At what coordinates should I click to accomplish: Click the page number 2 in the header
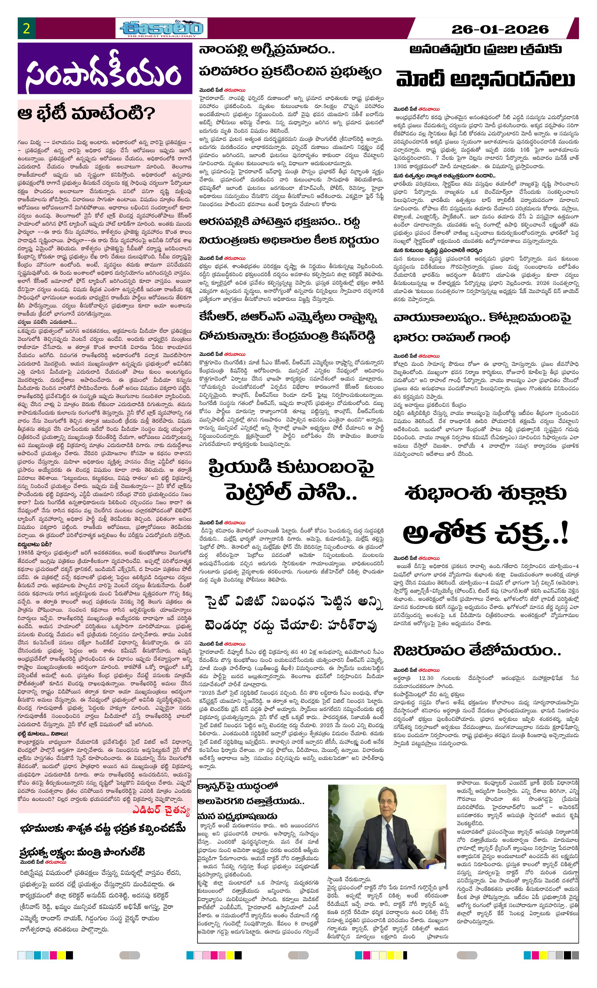(x=27, y=29)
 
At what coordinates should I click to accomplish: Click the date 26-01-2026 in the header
(x=500, y=29)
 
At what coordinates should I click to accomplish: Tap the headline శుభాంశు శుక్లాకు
(x=485, y=492)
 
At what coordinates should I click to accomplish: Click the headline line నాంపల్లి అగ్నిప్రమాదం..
(x=267, y=51)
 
